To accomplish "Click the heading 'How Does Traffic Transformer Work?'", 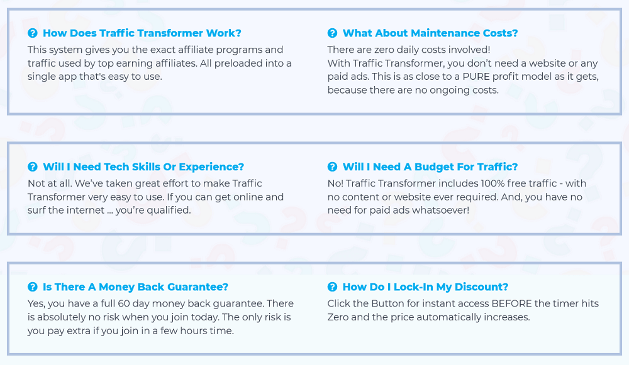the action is click(142, 33).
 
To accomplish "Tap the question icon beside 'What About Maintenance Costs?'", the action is click(332, 33).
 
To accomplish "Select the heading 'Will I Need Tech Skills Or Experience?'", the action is click(143, 166).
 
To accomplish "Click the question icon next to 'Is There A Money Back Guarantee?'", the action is click(33, 287).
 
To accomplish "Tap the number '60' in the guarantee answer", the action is click(123, 303).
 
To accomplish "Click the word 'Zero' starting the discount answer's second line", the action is click(338, 317).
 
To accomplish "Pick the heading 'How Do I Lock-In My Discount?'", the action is click(425, 287).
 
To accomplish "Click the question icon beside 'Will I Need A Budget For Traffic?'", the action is click(332, 166).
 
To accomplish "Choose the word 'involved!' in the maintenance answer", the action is click(471, 50).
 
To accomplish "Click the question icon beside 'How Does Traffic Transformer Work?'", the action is click(33, 33).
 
